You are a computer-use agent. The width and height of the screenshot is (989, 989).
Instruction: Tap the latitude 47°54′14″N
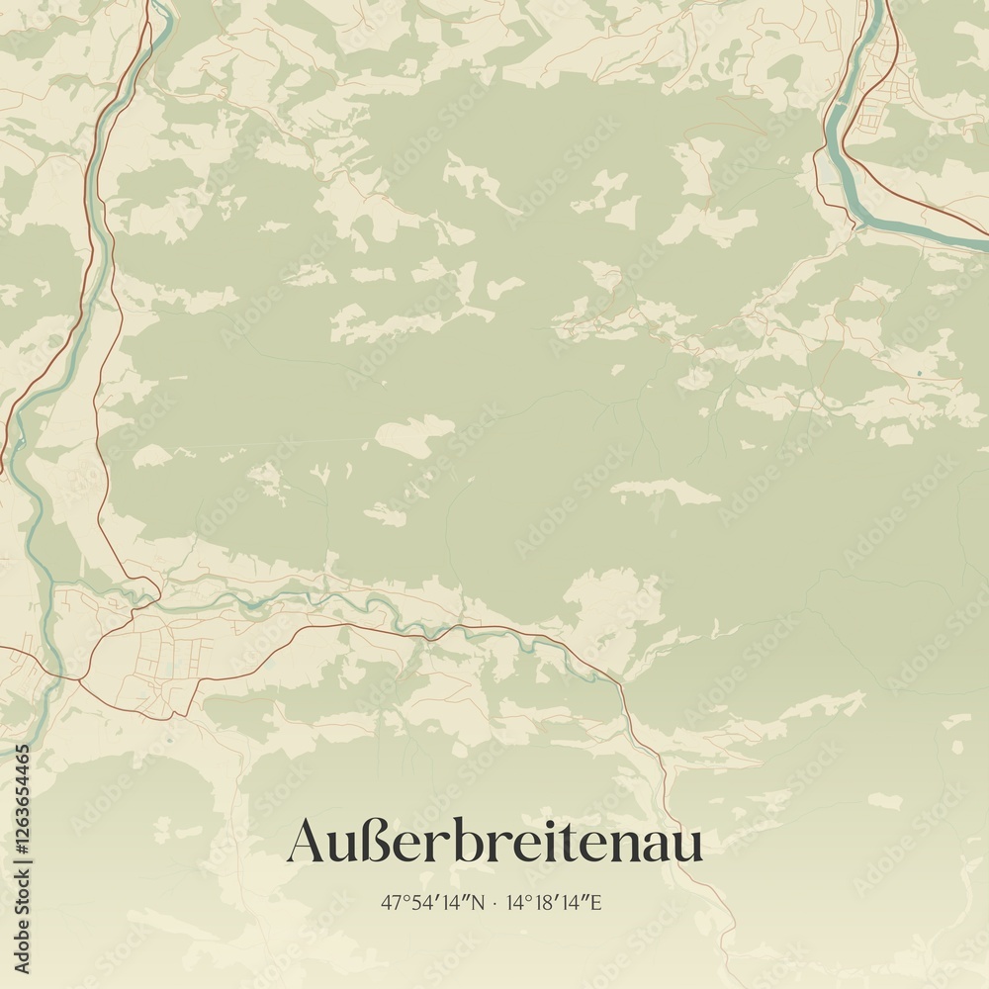click(x=432, y=902)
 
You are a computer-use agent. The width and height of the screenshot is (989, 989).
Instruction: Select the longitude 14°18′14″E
click(x=554, y=902)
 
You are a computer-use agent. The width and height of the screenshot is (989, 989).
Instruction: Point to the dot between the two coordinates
click(x=494, y=902)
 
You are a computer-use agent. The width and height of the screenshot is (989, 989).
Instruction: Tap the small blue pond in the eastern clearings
click(x=919, y=372)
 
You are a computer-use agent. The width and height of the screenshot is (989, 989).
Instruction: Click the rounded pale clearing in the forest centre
click(x=415, y=435)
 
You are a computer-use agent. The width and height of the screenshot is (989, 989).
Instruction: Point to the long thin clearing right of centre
click(x=665, y=492)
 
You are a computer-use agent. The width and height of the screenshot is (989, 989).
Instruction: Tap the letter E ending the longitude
click(x=596, y=902)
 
